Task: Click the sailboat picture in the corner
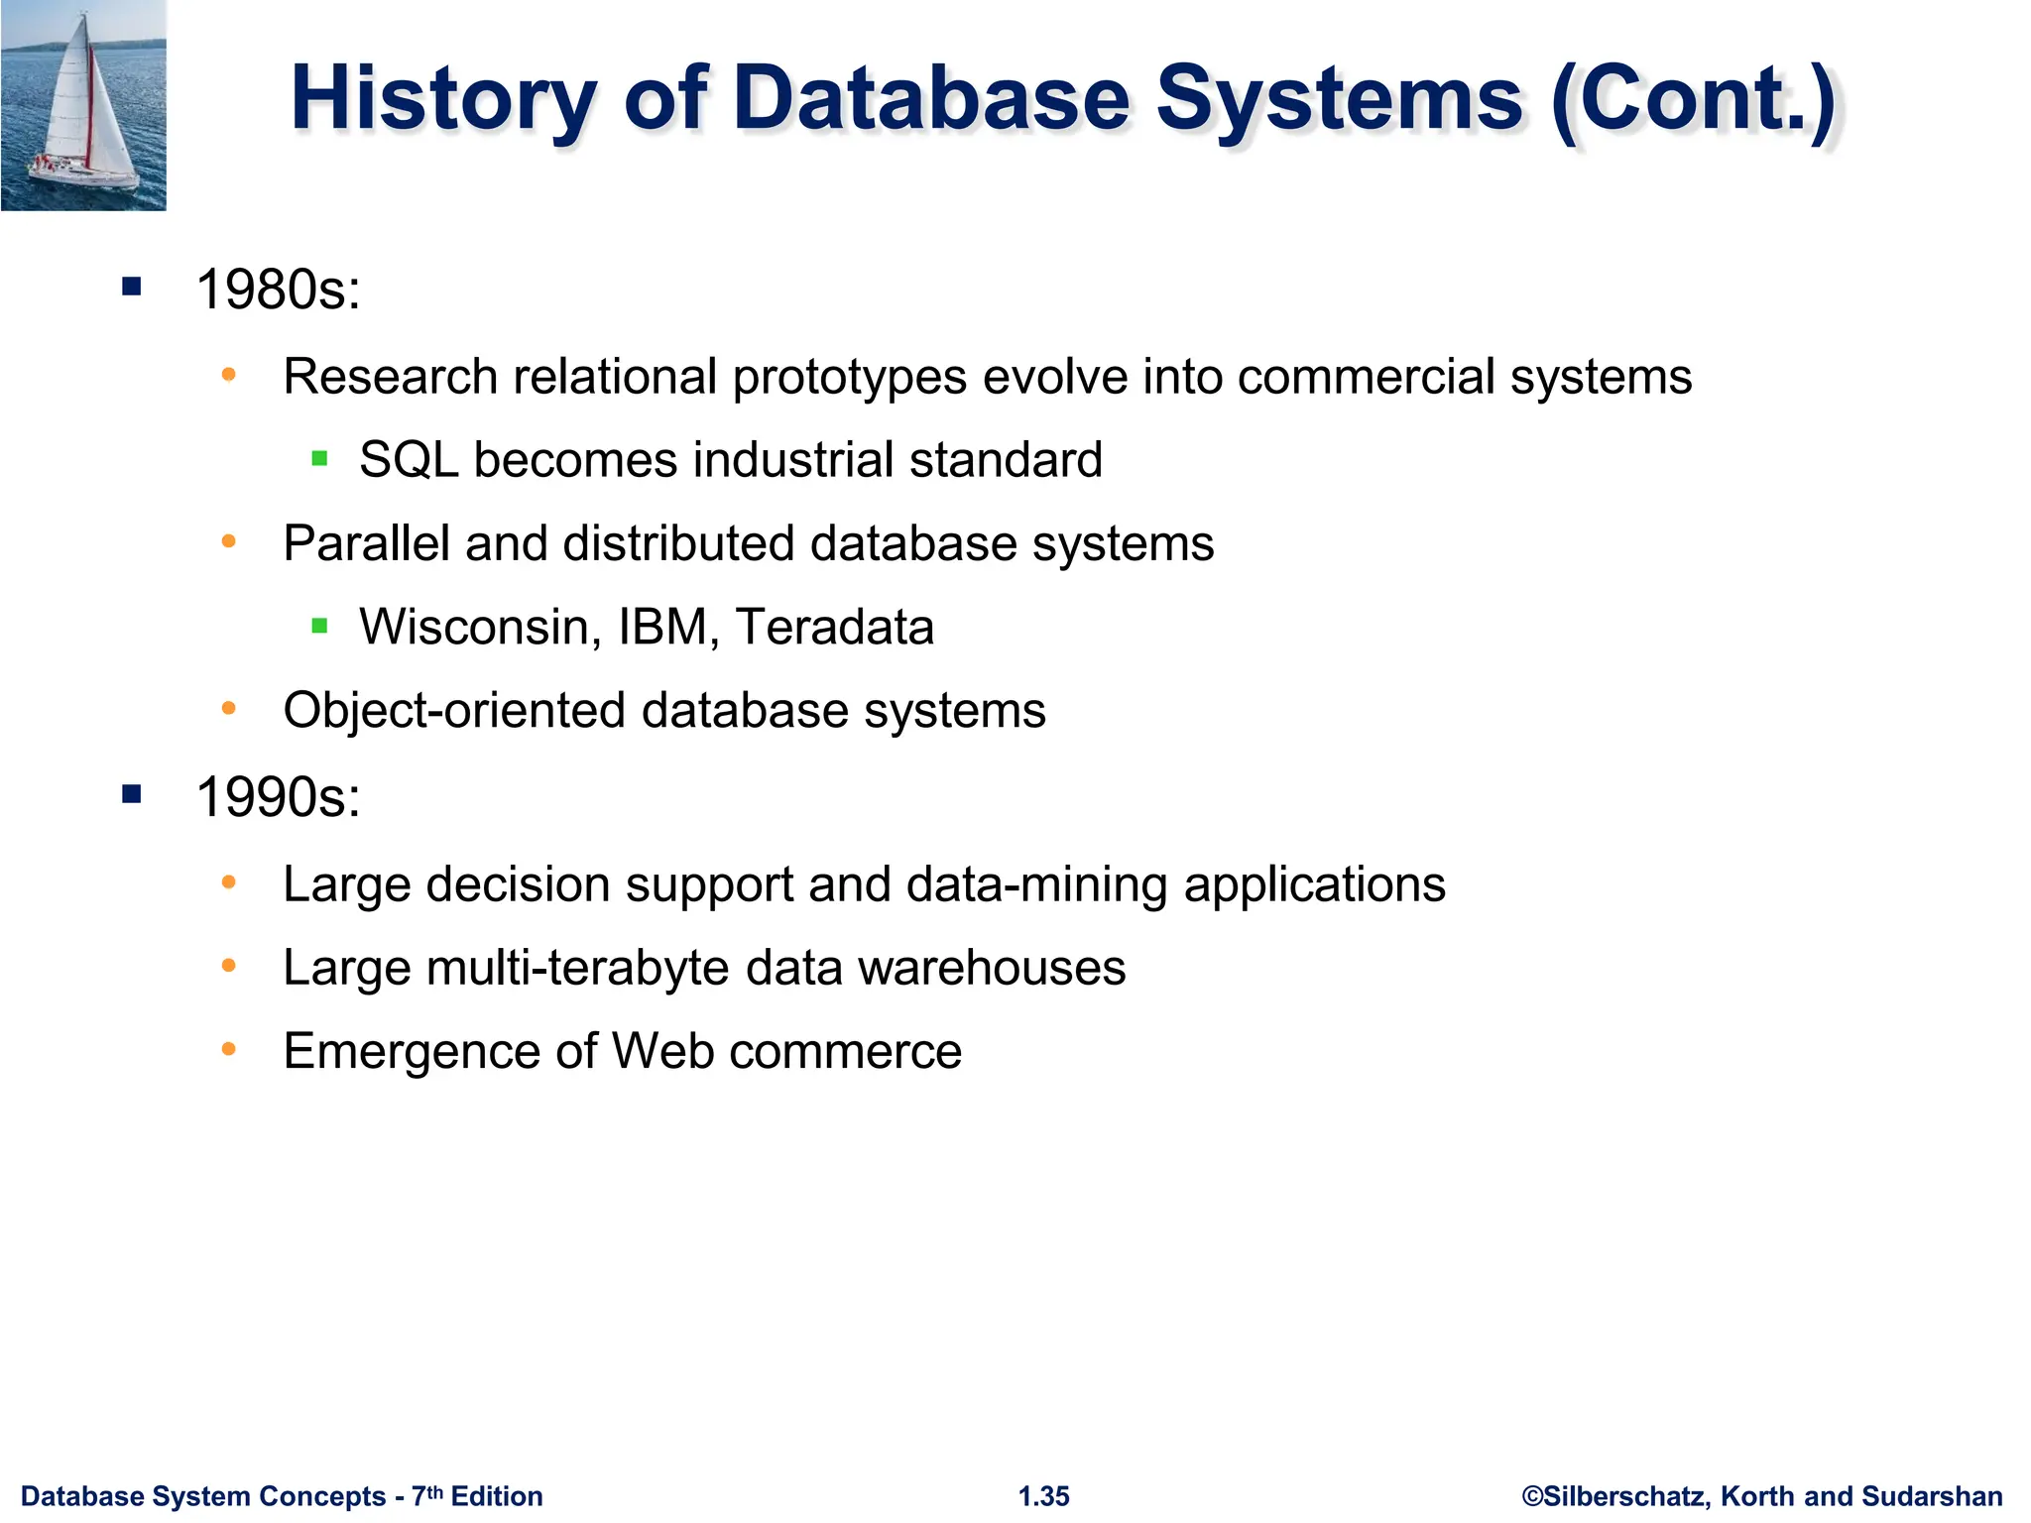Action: (x=83, y=105)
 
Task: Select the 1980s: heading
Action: (x=279, y=291)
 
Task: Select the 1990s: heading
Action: (x=279, y=797)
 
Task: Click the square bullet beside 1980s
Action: (x=132, y=288)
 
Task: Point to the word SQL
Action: (x=409, y=460)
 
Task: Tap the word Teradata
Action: (x=835, y=628)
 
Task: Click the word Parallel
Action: (x=366, y=543)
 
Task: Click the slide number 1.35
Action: (x=1044, y=1496)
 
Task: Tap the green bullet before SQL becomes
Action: (x=319, y=458)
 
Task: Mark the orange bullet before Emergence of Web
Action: (x=229, y=1048)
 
